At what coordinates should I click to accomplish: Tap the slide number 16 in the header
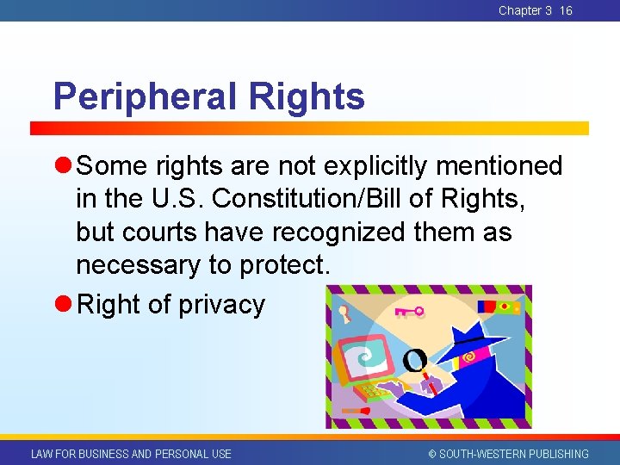point(565,10)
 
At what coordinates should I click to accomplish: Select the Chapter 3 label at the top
point(525,10)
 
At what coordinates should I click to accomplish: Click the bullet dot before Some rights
point(65,165)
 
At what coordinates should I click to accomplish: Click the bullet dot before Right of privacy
point(65,305)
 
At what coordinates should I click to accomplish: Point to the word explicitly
point(375,165)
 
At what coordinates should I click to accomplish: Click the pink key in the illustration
point(409,311)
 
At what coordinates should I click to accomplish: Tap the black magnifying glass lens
point(414,359)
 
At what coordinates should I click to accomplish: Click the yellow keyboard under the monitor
point(375,393)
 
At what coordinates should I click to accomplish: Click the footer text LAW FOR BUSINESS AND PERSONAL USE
point(131,454)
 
